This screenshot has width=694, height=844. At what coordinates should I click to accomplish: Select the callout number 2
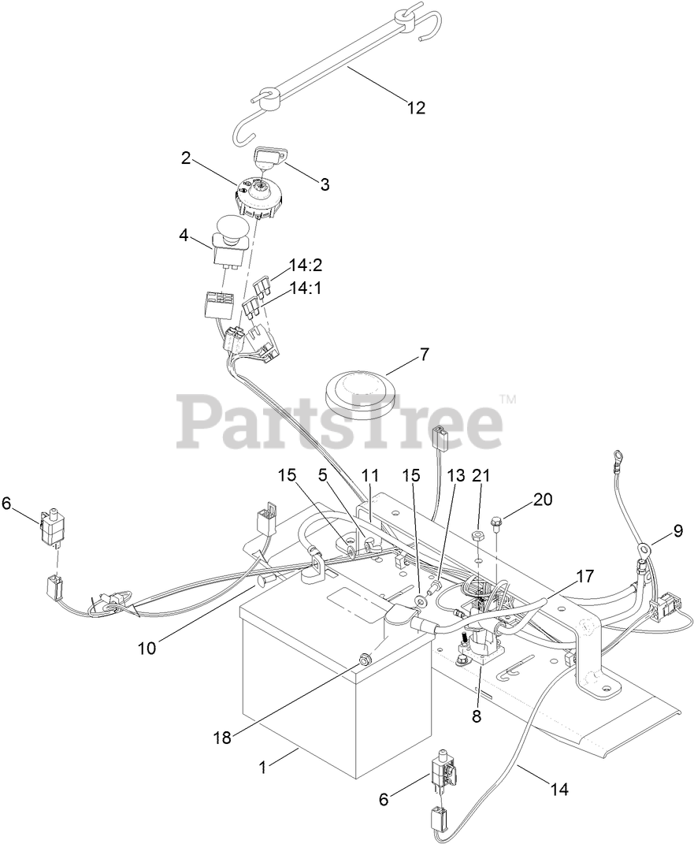point(186,157)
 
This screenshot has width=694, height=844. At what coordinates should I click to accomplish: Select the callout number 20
point(543,499)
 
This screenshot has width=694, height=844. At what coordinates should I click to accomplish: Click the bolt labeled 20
point(497,521)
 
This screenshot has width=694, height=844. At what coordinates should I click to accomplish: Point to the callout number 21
point(481,475)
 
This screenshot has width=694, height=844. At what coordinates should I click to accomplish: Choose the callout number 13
point(457,475)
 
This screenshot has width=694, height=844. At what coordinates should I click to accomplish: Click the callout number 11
point(370,475)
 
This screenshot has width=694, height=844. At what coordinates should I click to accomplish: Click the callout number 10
point(147,648)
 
